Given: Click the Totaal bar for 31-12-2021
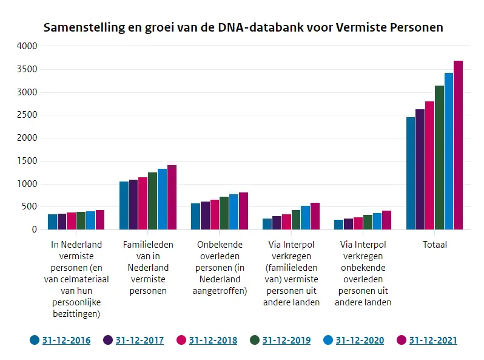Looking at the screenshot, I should click(x=458, y=146).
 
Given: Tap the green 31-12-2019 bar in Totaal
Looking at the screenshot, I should click(x=439, y=158).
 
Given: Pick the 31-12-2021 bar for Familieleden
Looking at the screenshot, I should click(x=172, y=197).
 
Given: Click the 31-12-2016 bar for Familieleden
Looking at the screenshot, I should click(x=124, y=206).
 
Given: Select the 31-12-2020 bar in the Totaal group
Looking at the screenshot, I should click(x=449, y=152).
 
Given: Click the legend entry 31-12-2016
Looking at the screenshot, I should click(x=66, y=341).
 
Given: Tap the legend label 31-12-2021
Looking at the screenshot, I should click(x=433, y=341).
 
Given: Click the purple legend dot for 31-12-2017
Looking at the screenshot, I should click(x=108, y=340).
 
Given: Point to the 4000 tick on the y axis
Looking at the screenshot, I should click(x=27, y=46).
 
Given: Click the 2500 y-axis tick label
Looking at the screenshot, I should click(x=27, y=115).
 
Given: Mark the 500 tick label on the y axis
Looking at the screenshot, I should click(x=29, y=207).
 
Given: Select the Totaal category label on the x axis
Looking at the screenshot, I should click(x=434, y=245).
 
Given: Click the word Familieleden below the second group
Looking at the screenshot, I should click(x=148, y=245).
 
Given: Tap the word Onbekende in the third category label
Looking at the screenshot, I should click(x=220, y=245).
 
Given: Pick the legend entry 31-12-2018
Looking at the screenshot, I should click(x=213, y=341).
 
